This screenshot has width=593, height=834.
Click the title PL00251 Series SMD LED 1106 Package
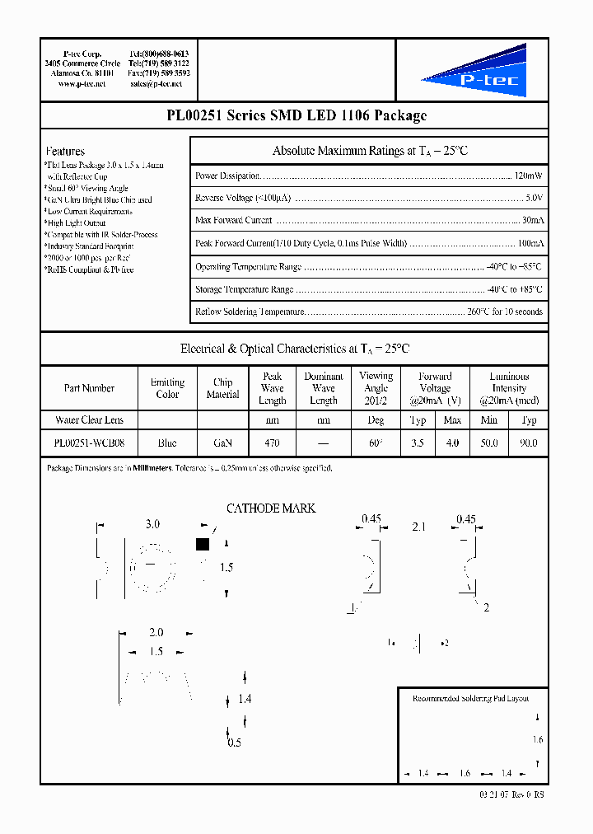tap(296, 116)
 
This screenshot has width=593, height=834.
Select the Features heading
tap(65, 152)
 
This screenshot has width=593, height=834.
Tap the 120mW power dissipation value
tap(528, 176)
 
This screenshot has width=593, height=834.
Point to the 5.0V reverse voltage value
tap(534, 199)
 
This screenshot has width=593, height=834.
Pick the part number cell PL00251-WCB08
tap(89, 443)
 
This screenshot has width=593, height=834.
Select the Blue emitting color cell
tap(167, 443)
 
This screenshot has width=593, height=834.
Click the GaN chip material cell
tap(222, 443)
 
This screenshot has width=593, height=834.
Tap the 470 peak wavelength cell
tap(272, 443)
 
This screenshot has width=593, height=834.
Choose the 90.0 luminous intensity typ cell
tap(529, 443)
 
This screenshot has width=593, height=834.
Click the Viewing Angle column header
tap(376, 387)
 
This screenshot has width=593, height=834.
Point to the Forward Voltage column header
tap(435, 387)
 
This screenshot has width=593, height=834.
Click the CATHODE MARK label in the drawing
tap(271, 508)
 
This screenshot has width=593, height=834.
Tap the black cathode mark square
tap(203, 544)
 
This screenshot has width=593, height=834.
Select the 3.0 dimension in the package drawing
tap(152, 524)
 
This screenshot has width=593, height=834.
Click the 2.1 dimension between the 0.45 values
tap(418, 526)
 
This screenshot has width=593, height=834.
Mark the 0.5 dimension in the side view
tap(234, 743)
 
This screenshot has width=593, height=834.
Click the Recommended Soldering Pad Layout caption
tap(470, 698)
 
